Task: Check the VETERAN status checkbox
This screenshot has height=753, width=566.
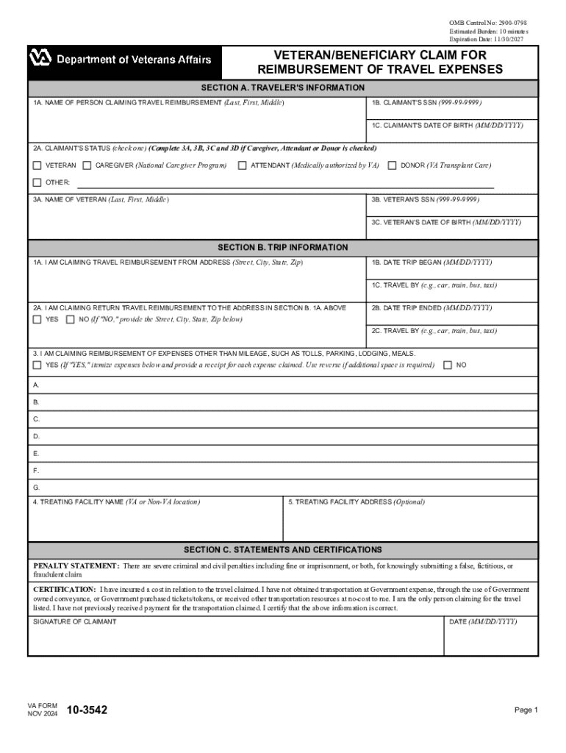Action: point(37,165)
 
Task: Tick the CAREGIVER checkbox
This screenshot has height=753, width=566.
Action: point(87,165)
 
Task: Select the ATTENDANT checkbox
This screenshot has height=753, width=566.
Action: point(242,165)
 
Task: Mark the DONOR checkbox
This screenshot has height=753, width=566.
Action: point(392,165)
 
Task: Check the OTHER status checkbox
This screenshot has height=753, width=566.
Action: point(37,182)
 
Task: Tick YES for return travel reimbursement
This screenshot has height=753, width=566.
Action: point(37,320)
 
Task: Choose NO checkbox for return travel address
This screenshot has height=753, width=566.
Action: point(71,320)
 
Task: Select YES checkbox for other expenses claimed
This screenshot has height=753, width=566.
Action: point(37,365)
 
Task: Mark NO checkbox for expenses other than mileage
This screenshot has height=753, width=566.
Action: point(448,365)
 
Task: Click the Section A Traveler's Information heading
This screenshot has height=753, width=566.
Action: point(283,88)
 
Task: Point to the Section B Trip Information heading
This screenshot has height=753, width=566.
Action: point(283,248)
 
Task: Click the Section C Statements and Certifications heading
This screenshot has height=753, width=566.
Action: point(283,550)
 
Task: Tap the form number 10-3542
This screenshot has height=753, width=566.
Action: point(87,710)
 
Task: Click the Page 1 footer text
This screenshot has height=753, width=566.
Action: point(527,710)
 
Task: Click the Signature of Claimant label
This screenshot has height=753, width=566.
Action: point(74,622)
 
